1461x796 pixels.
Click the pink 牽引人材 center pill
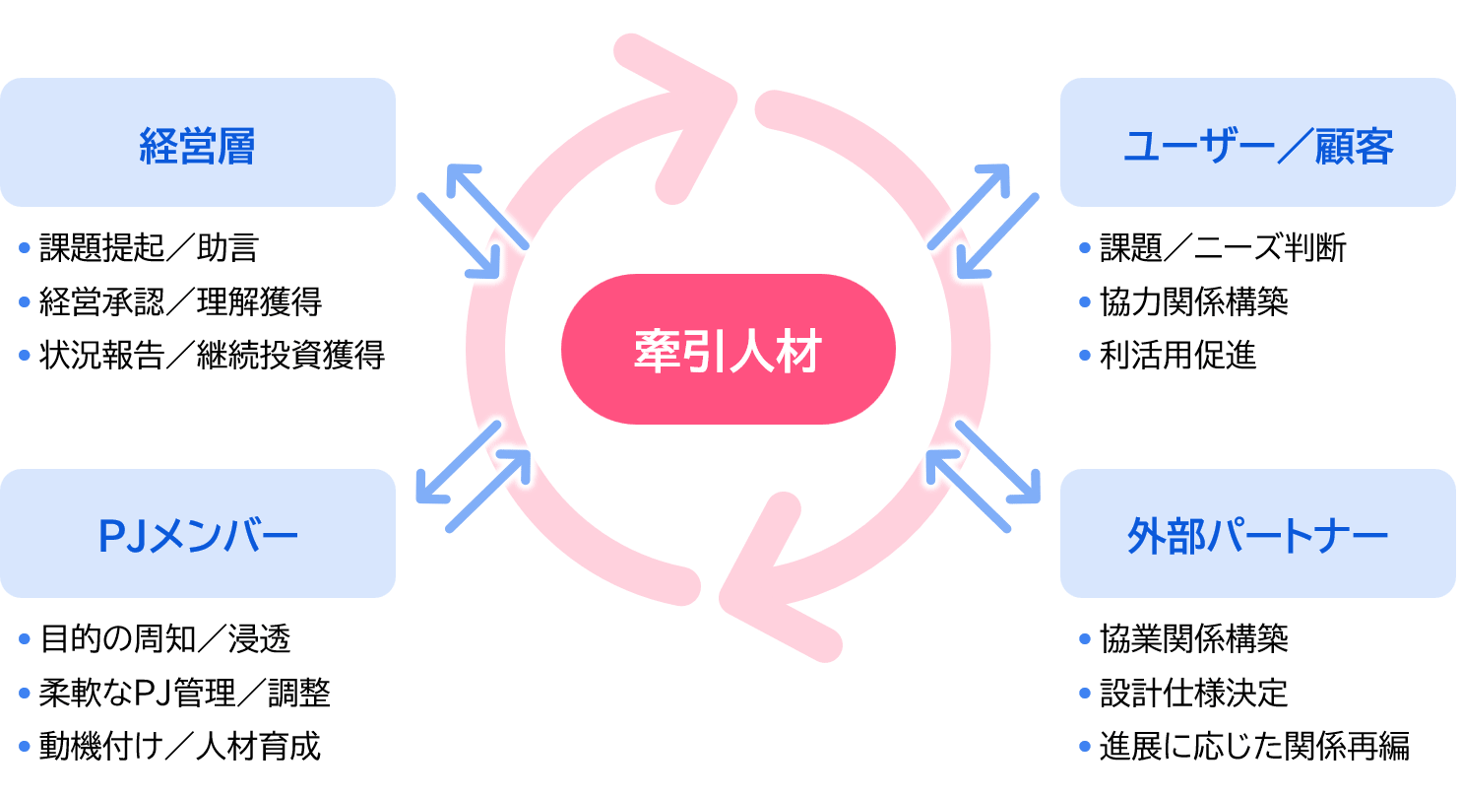pos(728,350)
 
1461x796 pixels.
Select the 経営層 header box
pos(197,143)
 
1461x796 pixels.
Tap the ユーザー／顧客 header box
pos(1258,143)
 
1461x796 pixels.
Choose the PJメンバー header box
pos(197,534)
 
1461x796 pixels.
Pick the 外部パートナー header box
pos(1258,534)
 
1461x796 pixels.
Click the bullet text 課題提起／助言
pos(149,248)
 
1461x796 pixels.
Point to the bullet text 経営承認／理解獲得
pos(180,301)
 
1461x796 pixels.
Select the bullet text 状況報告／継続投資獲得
pos(212,355)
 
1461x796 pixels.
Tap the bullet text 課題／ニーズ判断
pos(1223,248)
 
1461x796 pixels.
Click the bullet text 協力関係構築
pos(1193,301)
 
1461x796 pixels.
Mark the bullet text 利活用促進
pos(1177,355)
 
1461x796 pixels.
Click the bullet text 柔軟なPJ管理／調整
pos(185,694)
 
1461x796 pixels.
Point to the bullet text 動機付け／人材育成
pos(180,746)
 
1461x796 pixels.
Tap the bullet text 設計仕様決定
pos(1193,694)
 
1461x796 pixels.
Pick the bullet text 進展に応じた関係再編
pos(1254,746)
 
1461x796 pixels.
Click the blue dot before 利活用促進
pos(1085,355)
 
